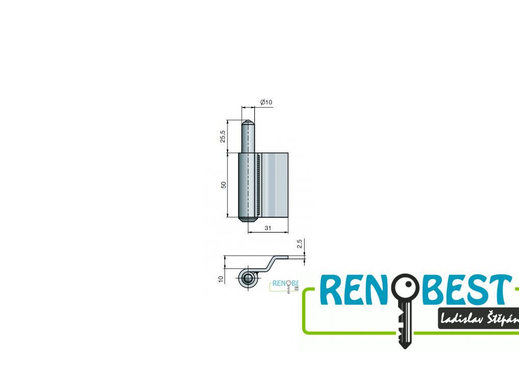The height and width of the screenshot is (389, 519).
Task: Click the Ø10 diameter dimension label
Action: [x=266, y=102]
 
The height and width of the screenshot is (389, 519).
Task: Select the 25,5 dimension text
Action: [x=223, y=136]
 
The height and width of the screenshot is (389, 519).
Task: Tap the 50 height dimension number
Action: [x=223, y=185]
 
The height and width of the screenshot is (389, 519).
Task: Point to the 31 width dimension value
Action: [x=268, y=228]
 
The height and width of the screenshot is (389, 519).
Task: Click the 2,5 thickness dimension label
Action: [x=300, y=245]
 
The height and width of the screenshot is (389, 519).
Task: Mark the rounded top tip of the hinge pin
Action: [x=248, y=122]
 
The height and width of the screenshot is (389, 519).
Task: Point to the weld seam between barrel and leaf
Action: [x=259, y=185]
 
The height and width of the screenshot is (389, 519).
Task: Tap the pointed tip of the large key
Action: [x=404, y=345]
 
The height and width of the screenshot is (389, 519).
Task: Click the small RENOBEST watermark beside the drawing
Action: [x=285, y=285]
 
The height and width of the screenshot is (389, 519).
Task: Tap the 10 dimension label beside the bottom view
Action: [x=221, y=279]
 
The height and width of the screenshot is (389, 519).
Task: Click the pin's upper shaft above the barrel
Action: [x=248, y=139]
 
